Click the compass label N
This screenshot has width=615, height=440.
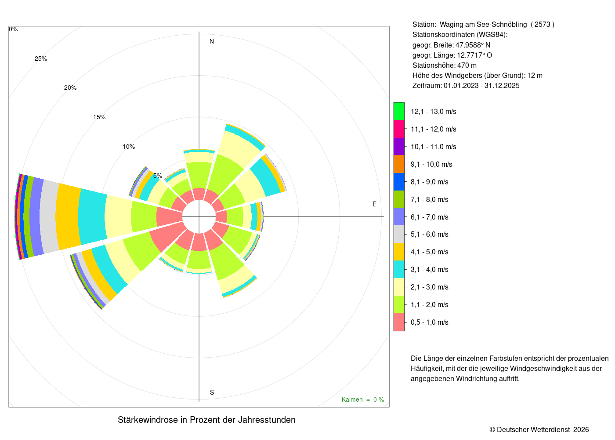tap(212, 41)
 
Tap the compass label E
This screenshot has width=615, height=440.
tap(374, 204)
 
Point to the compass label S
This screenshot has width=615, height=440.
tap(212, 392)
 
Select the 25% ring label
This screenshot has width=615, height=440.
tap(41, 59)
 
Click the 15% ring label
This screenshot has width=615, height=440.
tap(99, 117)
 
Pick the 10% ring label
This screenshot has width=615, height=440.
tap(129, 147)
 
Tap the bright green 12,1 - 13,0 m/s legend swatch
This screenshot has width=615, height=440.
tap(399, 111)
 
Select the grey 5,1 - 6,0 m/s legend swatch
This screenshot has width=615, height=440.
tap(399, 234)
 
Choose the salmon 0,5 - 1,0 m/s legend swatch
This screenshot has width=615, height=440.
tap(399, 322)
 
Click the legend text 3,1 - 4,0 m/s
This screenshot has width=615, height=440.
tap(430, 269)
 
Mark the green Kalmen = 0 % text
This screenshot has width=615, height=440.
tap(363, 400)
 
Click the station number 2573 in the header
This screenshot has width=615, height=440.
tap(542, 25)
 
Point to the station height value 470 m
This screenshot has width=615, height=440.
tap(467, 66)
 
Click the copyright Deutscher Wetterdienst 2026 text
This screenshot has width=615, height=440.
tap(539, 429)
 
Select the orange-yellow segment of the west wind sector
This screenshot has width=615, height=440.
tap(69, 216)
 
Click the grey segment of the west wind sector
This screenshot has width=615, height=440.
tap(49, 216)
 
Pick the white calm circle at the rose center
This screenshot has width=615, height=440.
tap(199, 216)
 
